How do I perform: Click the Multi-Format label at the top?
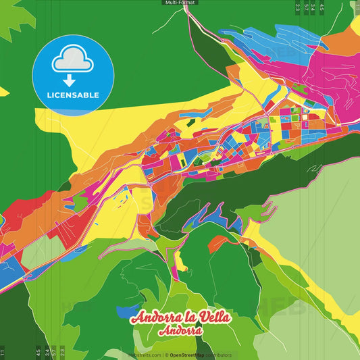coord(180,3)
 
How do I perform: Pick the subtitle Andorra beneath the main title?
coord(180,332)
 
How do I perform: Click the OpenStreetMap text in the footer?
coord(188,355)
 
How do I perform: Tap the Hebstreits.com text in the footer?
coord(145,355)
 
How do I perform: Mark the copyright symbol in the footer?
coord(166,355)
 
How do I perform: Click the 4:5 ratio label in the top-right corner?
coord(322,7)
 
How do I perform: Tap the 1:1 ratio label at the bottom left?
coord(3,352)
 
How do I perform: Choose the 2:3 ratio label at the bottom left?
coord(63,352)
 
